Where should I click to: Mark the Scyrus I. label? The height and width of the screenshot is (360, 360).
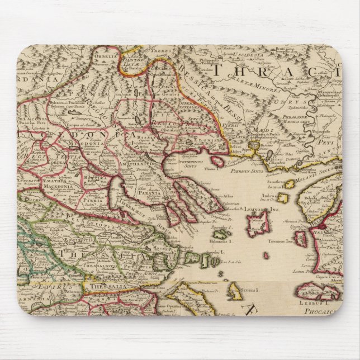coord(249,290)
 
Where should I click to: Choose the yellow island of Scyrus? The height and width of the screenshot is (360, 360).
coord(234,290)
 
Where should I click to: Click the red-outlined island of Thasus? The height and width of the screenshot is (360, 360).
coord(216,160)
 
